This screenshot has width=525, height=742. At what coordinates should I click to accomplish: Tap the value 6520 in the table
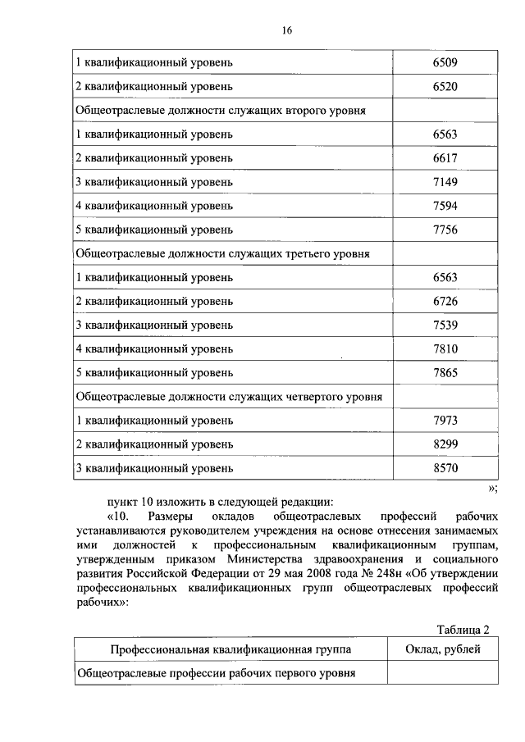(445, 86)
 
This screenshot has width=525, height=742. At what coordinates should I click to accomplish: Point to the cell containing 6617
(445, 158)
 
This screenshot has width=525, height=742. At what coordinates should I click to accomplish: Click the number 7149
(445, 182)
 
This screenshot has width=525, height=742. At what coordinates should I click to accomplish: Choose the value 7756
(445, 230)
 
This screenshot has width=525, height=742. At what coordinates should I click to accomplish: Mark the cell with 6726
(445, 302)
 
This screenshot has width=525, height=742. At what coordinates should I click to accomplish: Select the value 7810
(445, 349)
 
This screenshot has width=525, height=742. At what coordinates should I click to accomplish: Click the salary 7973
(445, 421)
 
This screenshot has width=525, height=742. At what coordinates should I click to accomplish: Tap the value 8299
(445, 445)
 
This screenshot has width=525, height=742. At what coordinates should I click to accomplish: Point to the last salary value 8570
(445, 469)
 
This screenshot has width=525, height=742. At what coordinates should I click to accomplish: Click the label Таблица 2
(463, 630)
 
